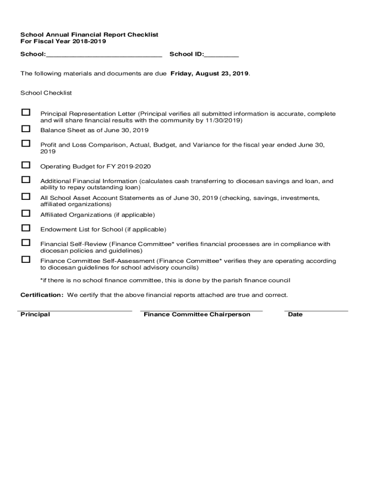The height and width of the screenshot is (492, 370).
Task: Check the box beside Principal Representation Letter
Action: [25, 112]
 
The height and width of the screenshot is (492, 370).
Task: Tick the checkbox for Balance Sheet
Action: [25, 129]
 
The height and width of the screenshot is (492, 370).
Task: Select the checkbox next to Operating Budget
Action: [25, 165]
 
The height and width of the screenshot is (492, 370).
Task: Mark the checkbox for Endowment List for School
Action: [25, 228]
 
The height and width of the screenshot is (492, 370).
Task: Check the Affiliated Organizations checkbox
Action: [25, 213]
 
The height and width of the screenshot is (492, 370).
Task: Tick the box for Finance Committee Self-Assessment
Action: [25, 259]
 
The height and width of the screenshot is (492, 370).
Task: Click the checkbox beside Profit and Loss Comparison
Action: [25, 143]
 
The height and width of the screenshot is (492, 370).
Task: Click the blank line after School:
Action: [104, 55]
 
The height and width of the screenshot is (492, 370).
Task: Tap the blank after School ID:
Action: [221, 55]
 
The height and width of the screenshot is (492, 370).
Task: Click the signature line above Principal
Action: [74, 311]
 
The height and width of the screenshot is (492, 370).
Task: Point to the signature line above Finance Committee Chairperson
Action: [201, 311]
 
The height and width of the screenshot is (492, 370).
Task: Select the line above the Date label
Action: [316, 311]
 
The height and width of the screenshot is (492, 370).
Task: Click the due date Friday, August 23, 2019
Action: [210, 74]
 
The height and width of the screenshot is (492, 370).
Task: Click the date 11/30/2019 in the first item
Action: [224, 121]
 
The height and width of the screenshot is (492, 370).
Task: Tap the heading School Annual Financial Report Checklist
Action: [89, 35]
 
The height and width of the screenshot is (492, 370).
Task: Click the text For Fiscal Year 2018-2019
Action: [63, 41]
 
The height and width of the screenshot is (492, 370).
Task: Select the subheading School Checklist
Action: [46, 92]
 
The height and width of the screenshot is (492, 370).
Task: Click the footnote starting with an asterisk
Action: [165, 280]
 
